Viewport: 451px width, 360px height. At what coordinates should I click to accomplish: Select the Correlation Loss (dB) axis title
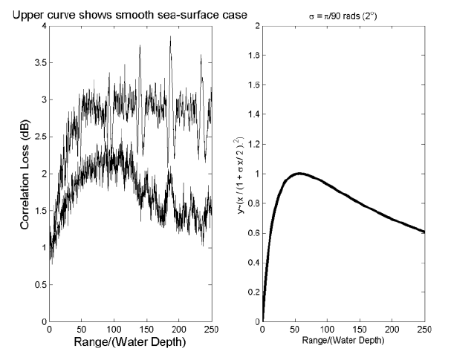click(x=26, y=175)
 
